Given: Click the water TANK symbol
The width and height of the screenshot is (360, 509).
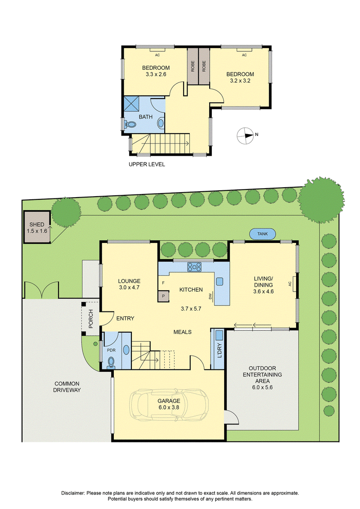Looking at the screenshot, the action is point(263,234).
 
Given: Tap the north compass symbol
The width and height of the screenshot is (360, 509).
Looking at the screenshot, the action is point(245,135).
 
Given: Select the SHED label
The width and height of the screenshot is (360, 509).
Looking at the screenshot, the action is point(37,224).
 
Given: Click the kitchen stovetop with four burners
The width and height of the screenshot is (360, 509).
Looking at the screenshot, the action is point(194,267).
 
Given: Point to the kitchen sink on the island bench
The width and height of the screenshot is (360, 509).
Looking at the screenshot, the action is point(220,281).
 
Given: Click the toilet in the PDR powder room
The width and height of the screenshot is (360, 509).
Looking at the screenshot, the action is point(111,362).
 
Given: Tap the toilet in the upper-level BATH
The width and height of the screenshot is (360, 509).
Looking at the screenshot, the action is point(130,124).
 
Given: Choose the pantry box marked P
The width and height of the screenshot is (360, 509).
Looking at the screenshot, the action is point(163,296).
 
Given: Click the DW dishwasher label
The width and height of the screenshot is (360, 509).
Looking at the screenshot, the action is point(210,297).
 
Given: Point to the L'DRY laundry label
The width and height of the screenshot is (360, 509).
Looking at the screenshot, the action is point(219,351).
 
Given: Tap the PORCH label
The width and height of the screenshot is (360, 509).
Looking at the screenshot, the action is point(91,319).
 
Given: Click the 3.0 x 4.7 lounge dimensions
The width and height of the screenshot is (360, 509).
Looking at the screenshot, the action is point(129,287).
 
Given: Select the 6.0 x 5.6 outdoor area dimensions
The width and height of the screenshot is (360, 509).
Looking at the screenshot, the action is point(262,387).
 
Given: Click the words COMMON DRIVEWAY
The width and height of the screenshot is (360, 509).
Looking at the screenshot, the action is point(67,387).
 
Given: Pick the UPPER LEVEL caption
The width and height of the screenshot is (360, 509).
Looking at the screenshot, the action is point(147,164).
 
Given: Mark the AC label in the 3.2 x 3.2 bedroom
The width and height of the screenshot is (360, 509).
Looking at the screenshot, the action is point(244,55).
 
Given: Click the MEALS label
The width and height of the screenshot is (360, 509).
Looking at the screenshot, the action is point(182,332).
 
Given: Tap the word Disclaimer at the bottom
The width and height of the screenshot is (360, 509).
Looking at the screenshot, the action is point(73,493).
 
